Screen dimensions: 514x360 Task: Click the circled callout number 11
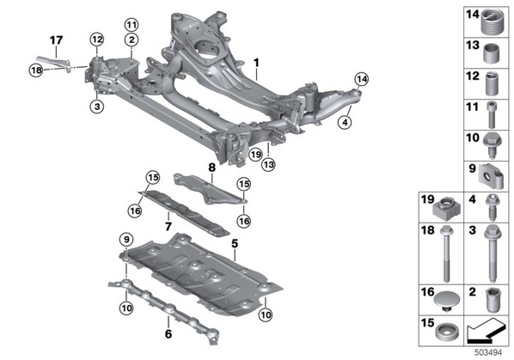click(x=132, y=25)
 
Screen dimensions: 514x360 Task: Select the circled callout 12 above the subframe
click(x=97, y=40)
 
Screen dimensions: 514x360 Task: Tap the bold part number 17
click(x=57, y=40)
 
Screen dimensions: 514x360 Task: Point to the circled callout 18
click(x=36, y=70)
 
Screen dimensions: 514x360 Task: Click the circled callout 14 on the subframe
click(x=362, y=79)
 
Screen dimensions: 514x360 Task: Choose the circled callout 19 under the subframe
click(x=255, y=154)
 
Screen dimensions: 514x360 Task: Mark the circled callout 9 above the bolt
click(x=126, y=240)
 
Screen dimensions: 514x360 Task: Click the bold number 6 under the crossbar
click(x=168, y=334)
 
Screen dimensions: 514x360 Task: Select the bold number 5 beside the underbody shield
click(x=235, y=244)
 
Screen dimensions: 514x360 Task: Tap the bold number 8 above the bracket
click(x=212, y=168)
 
